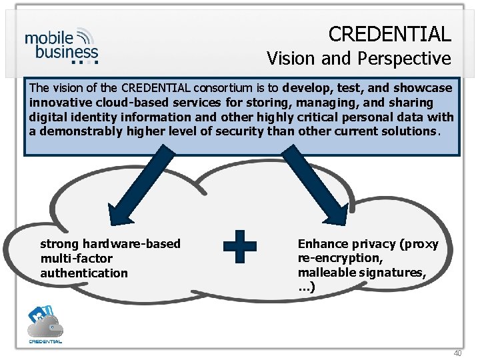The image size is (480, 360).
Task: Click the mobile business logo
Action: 61,45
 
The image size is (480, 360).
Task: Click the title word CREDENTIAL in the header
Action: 389,33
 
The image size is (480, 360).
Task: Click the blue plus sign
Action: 239,247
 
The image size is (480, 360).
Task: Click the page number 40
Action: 457,353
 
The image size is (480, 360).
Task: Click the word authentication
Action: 84,273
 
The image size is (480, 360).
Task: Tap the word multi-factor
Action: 76,258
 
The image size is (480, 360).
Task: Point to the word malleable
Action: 324,273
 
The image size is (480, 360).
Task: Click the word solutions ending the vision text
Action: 410,131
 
